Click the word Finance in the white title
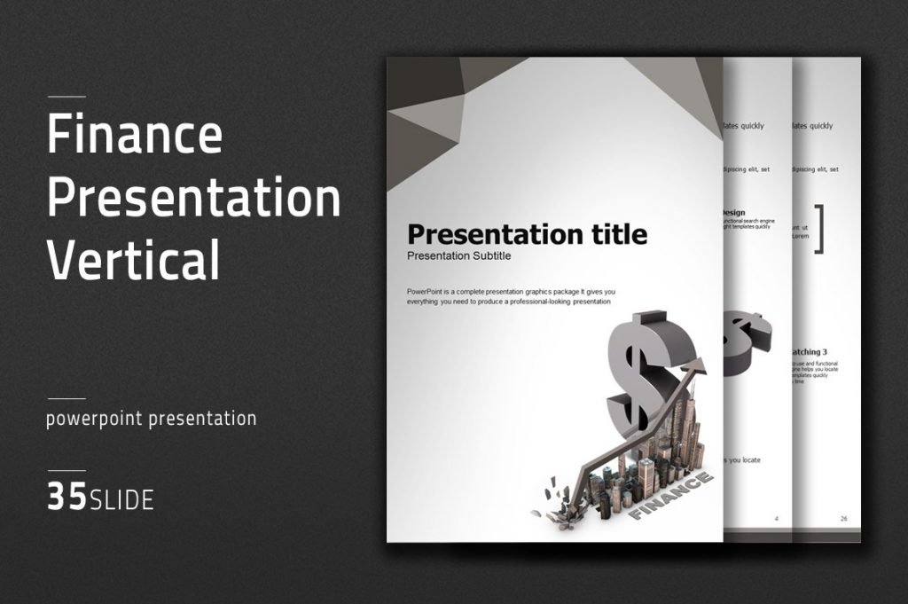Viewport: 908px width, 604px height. (135, 136)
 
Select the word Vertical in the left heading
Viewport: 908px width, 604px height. (133, 260)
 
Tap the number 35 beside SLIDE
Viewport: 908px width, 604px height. (67, 498)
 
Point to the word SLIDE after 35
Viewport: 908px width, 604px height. (121, 500)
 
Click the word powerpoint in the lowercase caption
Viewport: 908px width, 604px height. (94, 419)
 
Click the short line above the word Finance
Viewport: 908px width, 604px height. (67, 96)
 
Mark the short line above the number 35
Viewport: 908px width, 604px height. (67, 470)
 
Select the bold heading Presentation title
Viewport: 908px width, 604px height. (527, 235)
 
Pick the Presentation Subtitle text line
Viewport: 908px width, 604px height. (458, 256)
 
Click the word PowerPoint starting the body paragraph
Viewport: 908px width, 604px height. (428, 292)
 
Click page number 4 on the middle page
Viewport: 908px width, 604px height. (777, 518)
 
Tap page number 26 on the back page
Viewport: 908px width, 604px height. (843, 518)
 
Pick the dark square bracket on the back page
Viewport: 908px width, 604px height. (819, 229)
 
